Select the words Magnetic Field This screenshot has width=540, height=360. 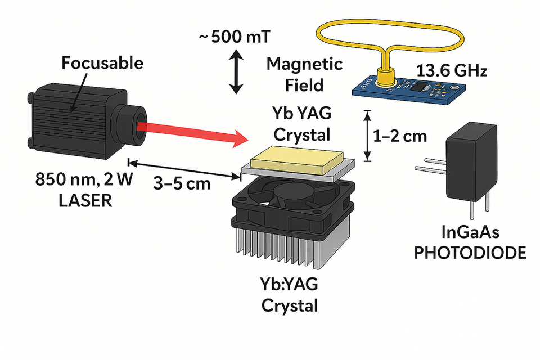(x=304, y=74)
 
